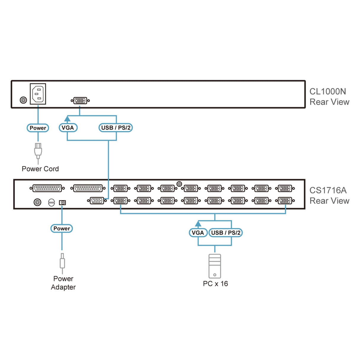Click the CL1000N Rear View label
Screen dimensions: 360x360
click(x=329, y=97)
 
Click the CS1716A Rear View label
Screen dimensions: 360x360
click(x=329, y=195)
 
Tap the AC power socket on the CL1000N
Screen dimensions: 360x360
click(x=38, y=94)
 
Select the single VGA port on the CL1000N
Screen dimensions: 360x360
click(x=80, y=101)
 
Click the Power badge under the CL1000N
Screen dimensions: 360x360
click(x=38, y=128)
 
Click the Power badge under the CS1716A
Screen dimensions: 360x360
click(x=62, y=228)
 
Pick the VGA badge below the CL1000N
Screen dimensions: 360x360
click(x=68, y=128)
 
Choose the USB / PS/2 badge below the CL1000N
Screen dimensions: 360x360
click(x=116, y=128)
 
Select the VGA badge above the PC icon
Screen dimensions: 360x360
click(x=198, y=232)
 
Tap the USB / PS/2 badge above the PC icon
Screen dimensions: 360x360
click(x=226, y=232)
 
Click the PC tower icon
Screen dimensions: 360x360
click(x=215, y=266)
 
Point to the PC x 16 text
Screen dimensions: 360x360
click(x=215, y=284)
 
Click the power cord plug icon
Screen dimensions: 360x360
click(x=38, y=151)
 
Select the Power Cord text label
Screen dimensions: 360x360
click(x=40, y=169)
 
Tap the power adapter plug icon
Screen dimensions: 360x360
click(x=62, y=262)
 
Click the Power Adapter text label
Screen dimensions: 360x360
click(x=63, y=283)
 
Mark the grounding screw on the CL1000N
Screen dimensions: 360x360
click(x=23, y=100)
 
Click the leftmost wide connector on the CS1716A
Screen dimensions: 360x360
click(x=47, y=188)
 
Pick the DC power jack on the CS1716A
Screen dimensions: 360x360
click(x=62, y=203)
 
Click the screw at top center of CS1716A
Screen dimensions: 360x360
click(x=179, y=184)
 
